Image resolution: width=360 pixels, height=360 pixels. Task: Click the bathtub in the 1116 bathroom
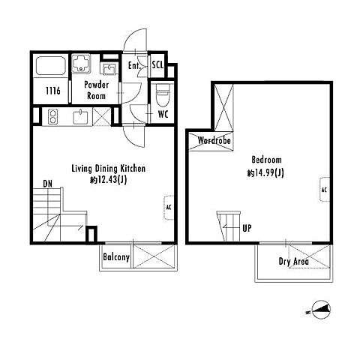coord(51,65)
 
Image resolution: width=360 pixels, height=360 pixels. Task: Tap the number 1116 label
coord(53,91)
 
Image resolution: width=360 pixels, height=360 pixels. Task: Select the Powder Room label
coord(97,90)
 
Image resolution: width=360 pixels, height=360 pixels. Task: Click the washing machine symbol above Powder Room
coord(81,64)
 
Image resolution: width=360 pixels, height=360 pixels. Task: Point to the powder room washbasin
coord(109,68)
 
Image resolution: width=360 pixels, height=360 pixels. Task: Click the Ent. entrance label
coord(134,65)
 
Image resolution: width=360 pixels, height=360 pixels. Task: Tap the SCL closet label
coord(157,65)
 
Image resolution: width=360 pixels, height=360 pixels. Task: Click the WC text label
coord(163,114)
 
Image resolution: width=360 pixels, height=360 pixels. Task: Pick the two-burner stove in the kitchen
coord(53,116)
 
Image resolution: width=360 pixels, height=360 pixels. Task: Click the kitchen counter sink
coord(80,117)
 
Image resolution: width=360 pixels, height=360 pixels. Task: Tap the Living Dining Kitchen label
coord(109,169)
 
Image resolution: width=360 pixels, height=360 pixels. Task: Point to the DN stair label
coord(48,184)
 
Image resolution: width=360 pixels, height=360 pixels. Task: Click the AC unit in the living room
coord(169,208)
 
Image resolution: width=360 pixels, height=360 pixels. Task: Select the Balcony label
coord(116,257)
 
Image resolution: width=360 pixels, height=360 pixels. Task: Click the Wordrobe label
coord(214,140)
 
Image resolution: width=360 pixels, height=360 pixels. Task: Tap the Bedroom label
coord(266,160)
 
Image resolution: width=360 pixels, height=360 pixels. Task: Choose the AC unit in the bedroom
coord(325,190)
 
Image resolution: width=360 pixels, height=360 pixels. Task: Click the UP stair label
coord(247,228)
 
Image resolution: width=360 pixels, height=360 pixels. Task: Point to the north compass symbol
coord(322,310)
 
